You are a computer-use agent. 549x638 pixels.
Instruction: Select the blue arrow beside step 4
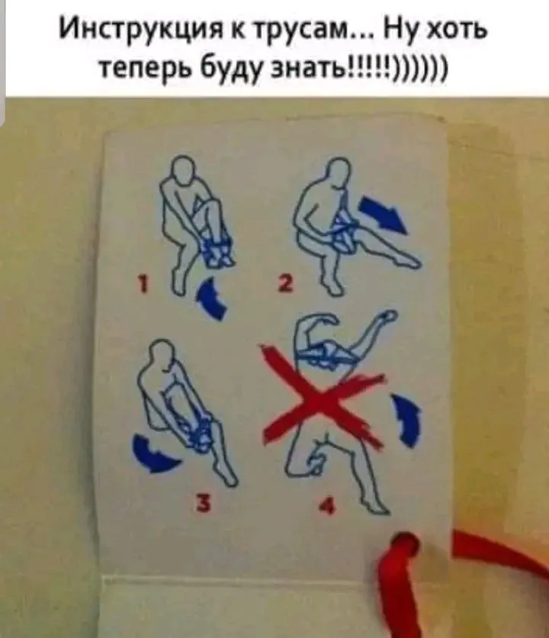tap(409, 422)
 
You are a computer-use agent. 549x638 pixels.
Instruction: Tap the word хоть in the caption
tap(453, 34)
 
